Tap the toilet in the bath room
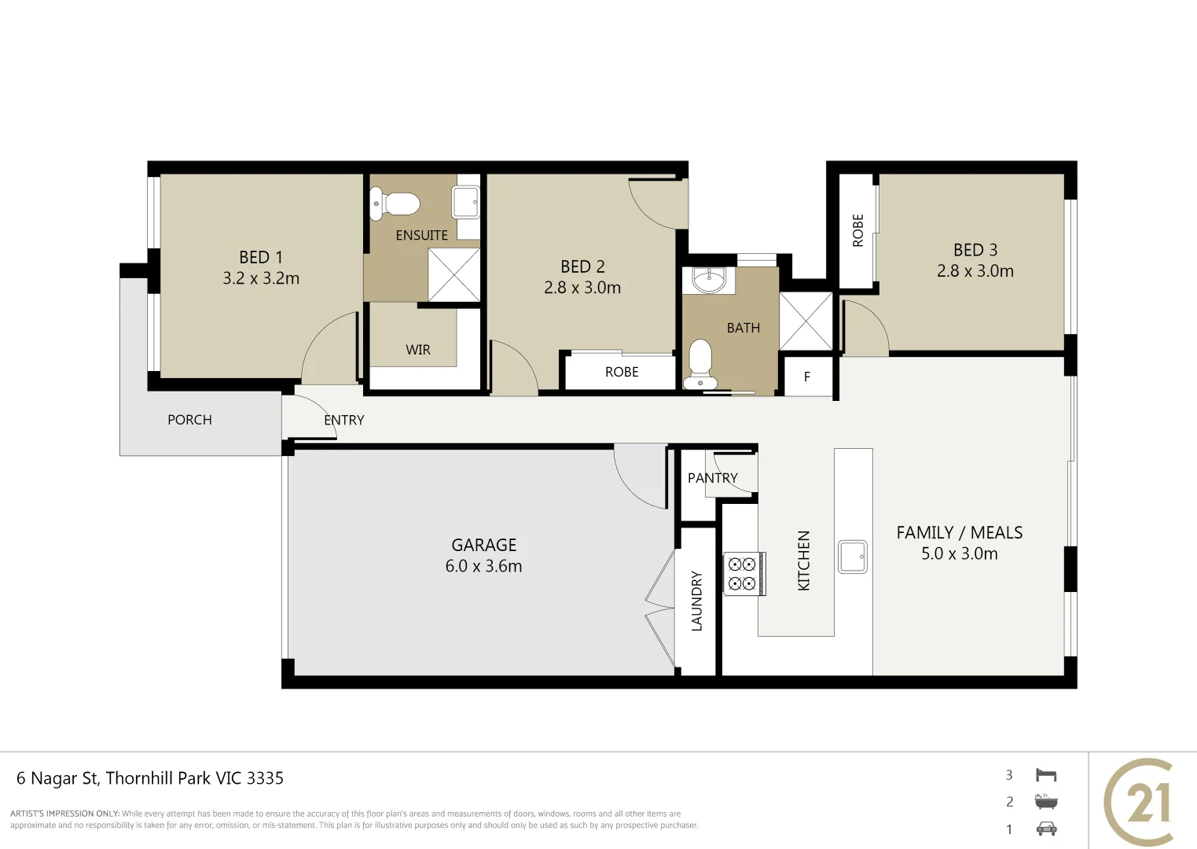[x=699, y=364]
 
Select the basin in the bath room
[x=709, y=279]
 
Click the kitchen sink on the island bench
[x=853, y=557]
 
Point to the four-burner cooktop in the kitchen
[x=742, y=574]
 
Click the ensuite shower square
[x=454, y=274]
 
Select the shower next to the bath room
[x=806, y=321]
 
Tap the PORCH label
[x=189, y=420]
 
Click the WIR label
[x=418, y=350]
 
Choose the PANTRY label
[x=712, y=478]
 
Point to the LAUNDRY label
[x=696, y=601]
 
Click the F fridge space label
[x=807, y=377]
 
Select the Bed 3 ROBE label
[x=857, y=230]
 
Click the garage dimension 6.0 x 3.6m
[x=483, y=566]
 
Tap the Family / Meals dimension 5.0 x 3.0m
[x=959, y=553]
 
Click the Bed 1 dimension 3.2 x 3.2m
[x=261, y=278]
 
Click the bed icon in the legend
[x=1046, y=775]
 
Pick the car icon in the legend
[x=1046, y=829]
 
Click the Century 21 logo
[x=1140, y=802]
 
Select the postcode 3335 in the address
[x=265, y=778]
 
